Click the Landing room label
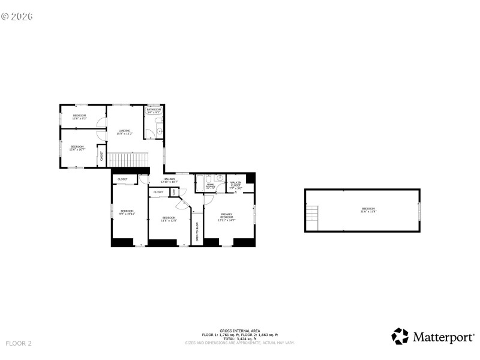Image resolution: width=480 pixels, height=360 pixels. click(124, 131)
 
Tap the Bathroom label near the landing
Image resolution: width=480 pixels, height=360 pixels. click(154, 111)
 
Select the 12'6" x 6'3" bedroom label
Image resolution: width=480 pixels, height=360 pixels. click(80, 116)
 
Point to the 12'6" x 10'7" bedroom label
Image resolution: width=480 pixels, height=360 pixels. click(77, 148)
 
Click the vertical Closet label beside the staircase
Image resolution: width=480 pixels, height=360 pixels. click(101, 156)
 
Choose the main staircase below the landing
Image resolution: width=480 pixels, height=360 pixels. click(127, 160)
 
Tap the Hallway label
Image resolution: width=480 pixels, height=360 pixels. click(170, 180)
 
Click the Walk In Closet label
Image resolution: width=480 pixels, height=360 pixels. click(235, 185)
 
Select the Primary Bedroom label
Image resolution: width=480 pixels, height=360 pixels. click(226, 216)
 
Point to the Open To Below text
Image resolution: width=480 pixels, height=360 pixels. click(197, 231)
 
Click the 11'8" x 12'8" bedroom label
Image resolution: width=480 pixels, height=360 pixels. click(169, 219)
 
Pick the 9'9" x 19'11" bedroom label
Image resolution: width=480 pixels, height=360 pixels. click(127, 212)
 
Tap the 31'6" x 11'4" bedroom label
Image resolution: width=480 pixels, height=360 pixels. click(368, 210)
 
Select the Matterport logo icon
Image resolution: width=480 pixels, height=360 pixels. click(400, 336)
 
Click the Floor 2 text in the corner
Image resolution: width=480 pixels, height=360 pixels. click(18, 343)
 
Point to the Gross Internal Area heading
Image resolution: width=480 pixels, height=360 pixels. click(231, 331)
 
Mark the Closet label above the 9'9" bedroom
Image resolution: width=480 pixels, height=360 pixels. click(122, 179)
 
